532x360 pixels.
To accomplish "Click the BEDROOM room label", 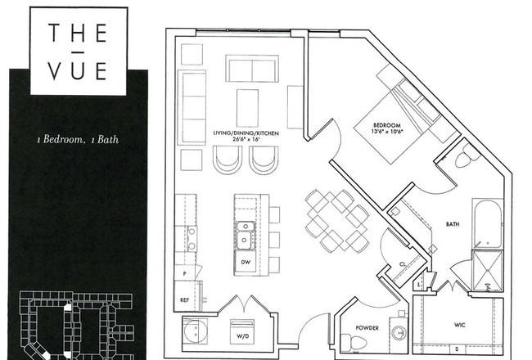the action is pyautogui.click(x=387, y=125).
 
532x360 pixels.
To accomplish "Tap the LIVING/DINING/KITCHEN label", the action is pyautogui.click(x=246, y=133).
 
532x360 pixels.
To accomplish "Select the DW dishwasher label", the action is pyautogui.click(x=246, y=262).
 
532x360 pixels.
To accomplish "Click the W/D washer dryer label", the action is pyautogui.click(x=242, y=336).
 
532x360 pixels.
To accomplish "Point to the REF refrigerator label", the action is pyautogui.click(x=185, y=300).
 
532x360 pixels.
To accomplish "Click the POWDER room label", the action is pyautogui.click(x=367, y=328).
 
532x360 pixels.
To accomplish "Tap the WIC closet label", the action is pyautogui.click(x=460, y=325).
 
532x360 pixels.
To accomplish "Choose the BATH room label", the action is pyautogui.click(x=453, y=224).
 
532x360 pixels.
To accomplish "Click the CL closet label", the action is pyautogui.click(x=403, y=264).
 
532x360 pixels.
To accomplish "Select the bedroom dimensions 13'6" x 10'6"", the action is pyautogui.click(x=387, y=131).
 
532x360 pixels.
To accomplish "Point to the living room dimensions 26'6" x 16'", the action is pyautogui.click(x=246, y=139).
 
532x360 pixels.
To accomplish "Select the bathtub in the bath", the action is pyautogui.click(x=488, y=224).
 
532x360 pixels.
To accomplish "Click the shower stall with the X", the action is pyautogui.click(x=488, y=271).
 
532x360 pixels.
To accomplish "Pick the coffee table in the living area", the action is pyautogui.click(x=247, y=108).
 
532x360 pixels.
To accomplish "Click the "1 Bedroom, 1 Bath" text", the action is pyautogui.click(x=78, y=139).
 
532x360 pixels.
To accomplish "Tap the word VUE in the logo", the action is pyautogui.click(x=78, y=70).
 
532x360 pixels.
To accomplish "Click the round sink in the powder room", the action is pyautogui.click(x=399, y=332).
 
